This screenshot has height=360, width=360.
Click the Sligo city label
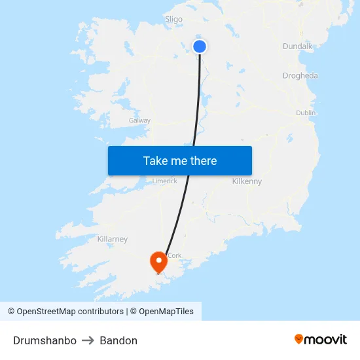point(173,19)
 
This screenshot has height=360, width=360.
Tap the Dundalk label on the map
point(298,46)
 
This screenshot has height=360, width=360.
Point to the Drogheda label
point(300,75)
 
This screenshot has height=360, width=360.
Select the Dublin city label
point(306,113)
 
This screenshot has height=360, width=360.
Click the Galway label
point(139,120)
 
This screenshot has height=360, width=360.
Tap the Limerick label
point(164,181)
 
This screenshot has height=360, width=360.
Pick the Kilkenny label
point(247,181)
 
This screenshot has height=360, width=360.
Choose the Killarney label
point(112,239)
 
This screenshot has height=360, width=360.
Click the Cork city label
point(174,255)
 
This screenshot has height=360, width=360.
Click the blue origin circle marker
point(200,46)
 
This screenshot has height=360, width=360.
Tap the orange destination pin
point(158,262)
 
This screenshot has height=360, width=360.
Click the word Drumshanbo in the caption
point(45,340)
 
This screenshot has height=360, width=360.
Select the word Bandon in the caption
point(118,340)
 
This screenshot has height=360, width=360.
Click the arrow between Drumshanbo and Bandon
point(88,340)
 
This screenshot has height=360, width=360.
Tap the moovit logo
point(320,339)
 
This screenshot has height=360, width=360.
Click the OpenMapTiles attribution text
point(166,312)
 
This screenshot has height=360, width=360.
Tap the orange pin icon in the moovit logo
point(299,339)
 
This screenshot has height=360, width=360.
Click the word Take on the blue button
point(155,160)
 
